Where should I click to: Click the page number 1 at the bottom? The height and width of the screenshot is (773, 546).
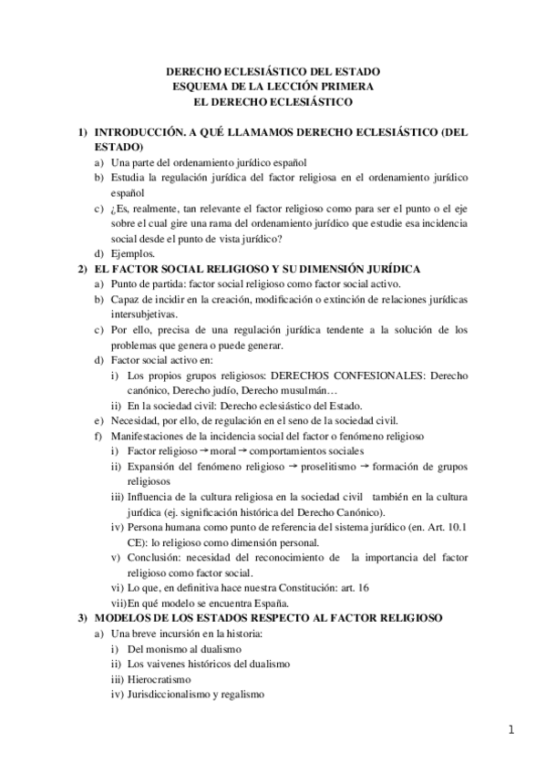point(513,730)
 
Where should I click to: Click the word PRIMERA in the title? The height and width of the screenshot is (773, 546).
point(349,86)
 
